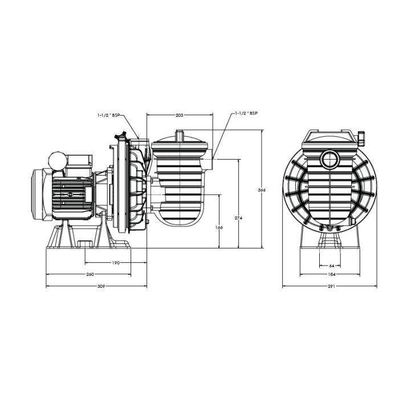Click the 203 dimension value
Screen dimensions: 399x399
[179, 116]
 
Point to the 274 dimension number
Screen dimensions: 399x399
[237, 218]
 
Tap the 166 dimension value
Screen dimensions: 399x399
[219, 227]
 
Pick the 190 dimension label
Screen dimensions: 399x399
[116, 263]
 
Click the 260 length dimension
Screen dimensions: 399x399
[90, 275]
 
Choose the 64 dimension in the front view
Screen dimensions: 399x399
[331, 266]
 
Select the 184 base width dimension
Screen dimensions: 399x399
[331, 275]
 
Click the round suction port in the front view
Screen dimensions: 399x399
[329, 159]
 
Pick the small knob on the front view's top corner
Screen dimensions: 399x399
[360, 137]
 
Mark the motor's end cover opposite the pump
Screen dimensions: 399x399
[36, 194]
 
